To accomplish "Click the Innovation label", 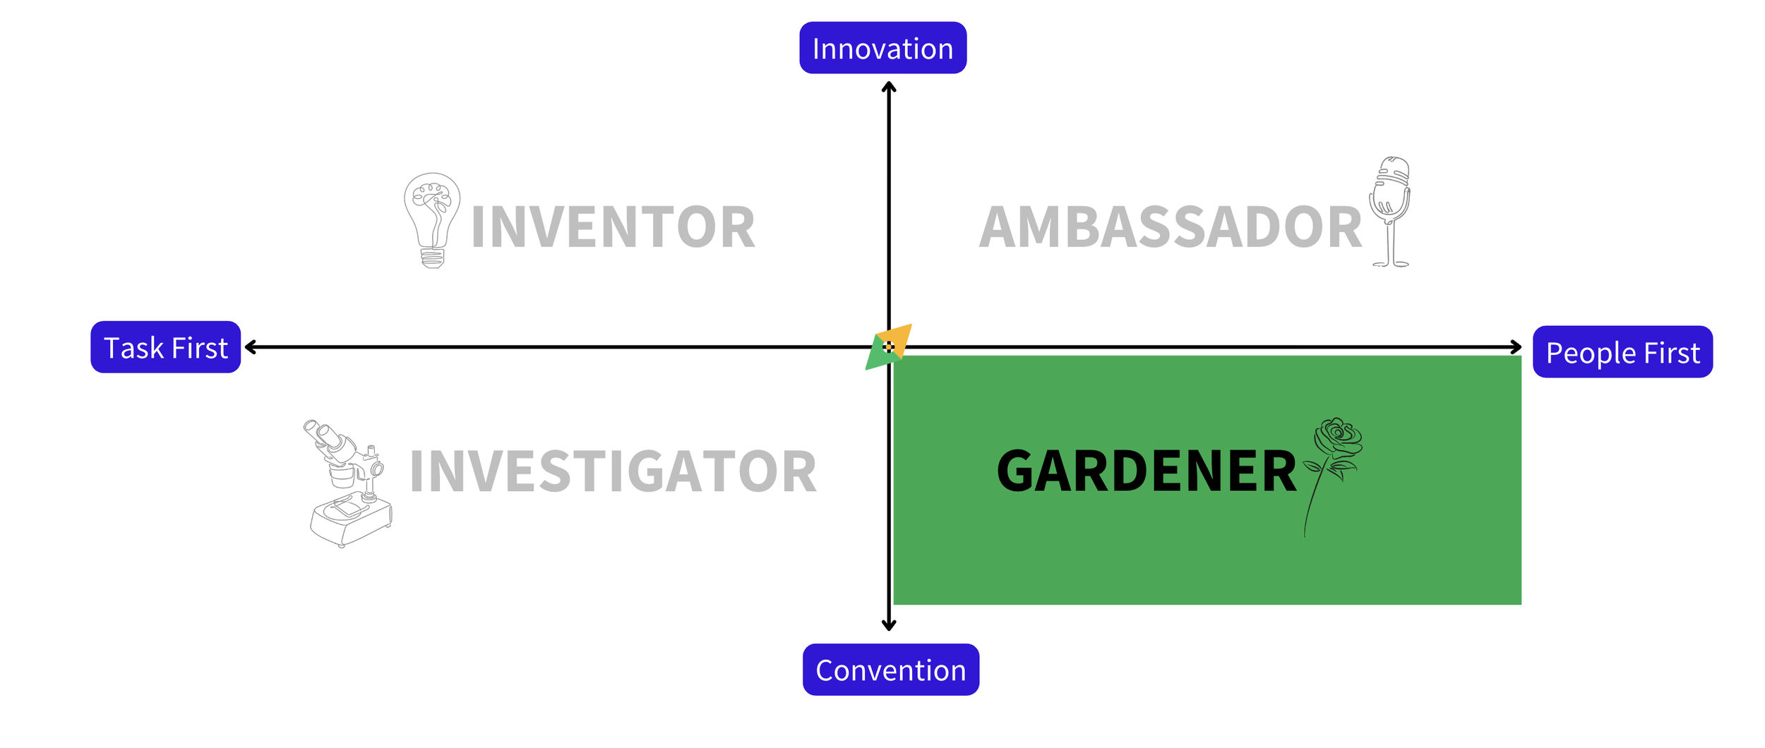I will coord(882,48).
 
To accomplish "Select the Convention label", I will coord(890,670).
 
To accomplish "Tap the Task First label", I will coord(166,347).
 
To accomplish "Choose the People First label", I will coord(1622,352).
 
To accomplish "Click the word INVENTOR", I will coord(613,227).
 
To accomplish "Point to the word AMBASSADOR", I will coord(1170,227).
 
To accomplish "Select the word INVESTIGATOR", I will coord(613,471).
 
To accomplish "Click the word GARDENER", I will coord(1147,471).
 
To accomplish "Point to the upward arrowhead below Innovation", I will coord(889,87).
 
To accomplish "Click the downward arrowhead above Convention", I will coord(889,625).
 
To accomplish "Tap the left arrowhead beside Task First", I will coord(250,347).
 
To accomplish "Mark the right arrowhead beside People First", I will coord(1516,347).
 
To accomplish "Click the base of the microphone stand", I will coord(1391,265).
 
